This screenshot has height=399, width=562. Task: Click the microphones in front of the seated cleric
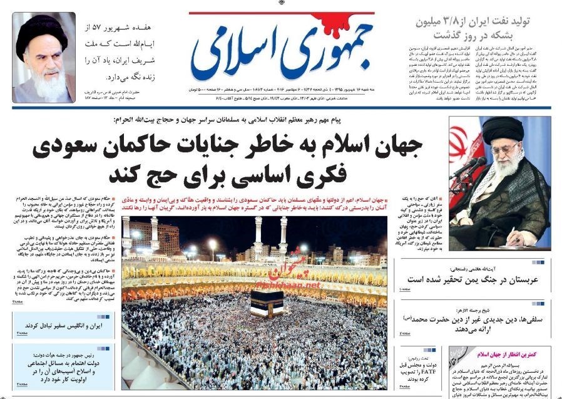pos(468,165)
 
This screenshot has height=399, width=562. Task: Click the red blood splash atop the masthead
pos(360,21)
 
